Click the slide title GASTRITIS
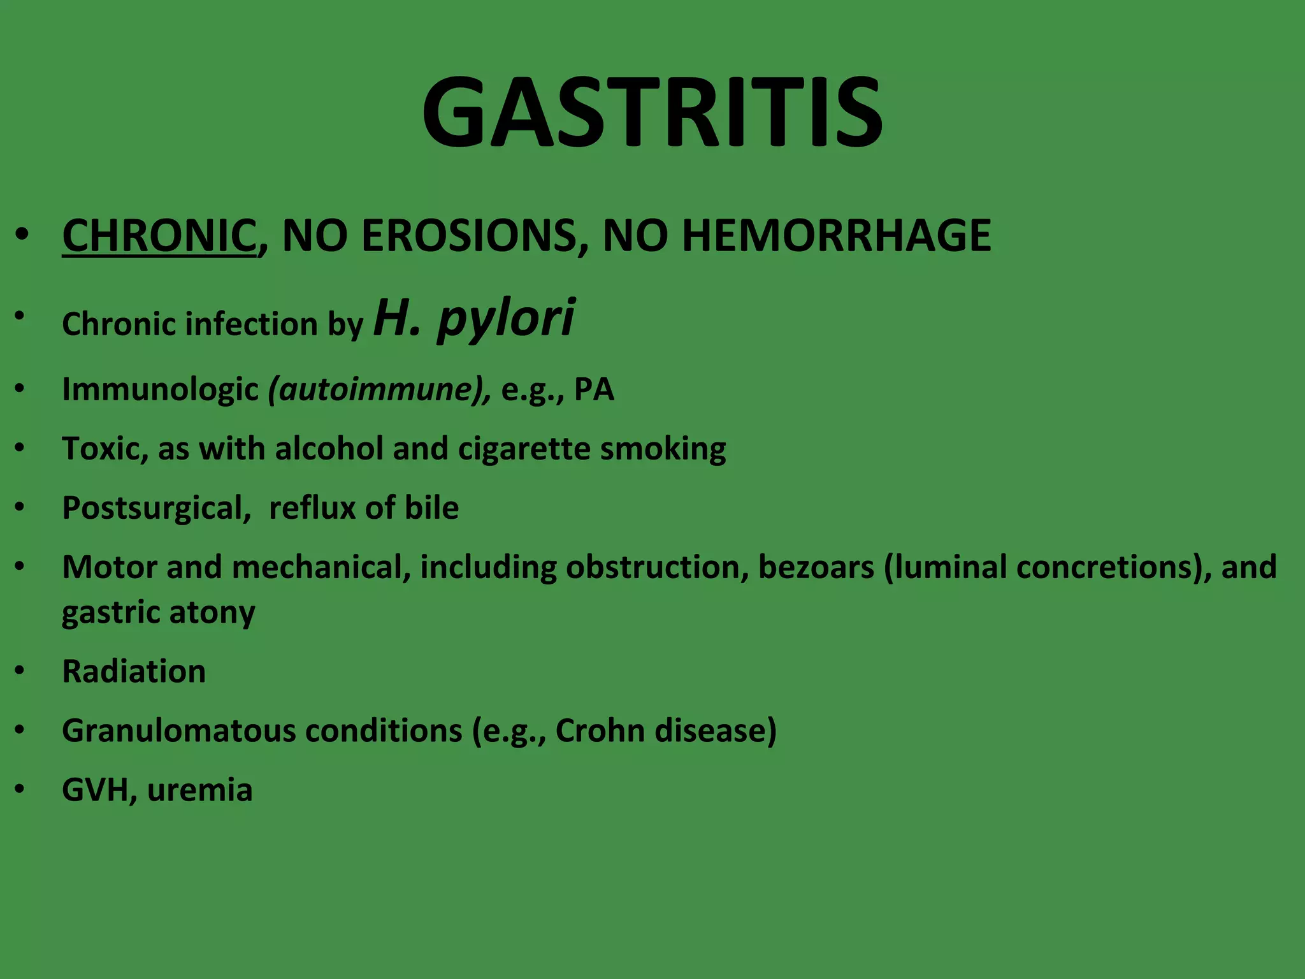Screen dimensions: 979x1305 point(652,113)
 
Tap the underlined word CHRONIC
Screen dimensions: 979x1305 point(159,235)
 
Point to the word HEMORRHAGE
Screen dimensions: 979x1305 point(836,235)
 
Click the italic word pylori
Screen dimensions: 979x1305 point(506,318)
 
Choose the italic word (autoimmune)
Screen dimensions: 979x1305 point(380,389)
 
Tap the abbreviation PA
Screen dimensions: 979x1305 point(594,389)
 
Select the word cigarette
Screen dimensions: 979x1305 point(524,449)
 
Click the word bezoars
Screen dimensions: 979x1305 point(816,567)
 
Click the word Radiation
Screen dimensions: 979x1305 point(134,671)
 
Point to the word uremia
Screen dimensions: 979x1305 point(199,790)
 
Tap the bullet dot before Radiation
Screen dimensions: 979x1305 point(20,671)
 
